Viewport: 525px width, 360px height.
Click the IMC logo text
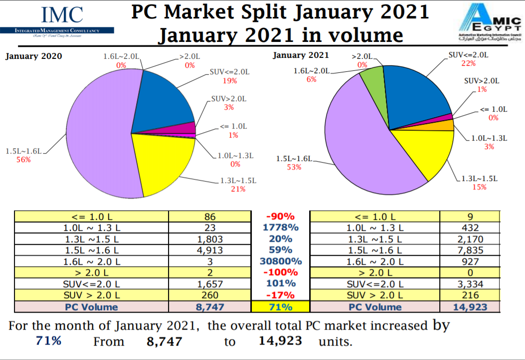(x=62, y=15)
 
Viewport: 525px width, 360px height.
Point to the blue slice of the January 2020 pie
(x=165, y=102)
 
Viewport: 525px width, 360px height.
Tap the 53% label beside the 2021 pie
(x=294, y=167)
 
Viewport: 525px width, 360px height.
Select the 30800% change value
(x=280, y=261)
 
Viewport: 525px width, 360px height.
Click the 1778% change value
(x=280, y=227)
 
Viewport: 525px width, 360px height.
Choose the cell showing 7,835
(x=470, y=250)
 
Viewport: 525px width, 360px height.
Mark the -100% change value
(x=280, y=272)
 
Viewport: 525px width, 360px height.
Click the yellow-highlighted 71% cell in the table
(x=280, y=307)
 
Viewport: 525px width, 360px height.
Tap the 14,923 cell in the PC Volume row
(x=470, y=307)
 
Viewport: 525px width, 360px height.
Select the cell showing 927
(x=470, y=261)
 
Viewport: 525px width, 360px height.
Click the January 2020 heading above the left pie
(x=33, y=56)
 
